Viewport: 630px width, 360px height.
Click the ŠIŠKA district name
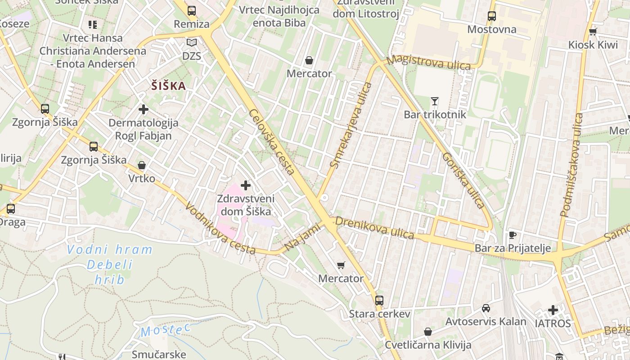point(168,85)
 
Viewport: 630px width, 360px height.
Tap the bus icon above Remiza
point(192,10)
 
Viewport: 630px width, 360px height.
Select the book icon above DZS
point(192,43)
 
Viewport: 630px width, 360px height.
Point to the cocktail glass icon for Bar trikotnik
point(434,101)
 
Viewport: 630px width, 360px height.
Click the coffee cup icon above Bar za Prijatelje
point(512,234)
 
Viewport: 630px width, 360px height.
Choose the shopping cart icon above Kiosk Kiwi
point(593,31)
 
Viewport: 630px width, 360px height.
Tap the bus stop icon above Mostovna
point(491,16)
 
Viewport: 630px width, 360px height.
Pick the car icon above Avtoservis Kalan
point(486,308)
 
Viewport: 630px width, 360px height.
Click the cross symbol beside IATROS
point(553,310)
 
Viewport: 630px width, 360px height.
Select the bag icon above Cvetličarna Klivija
point(427,332)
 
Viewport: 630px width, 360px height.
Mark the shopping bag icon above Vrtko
point(142,165)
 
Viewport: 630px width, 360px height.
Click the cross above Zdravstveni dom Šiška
point(246,185)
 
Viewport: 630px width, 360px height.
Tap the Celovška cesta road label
point(272,142)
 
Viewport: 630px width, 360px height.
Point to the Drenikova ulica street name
point(374,228)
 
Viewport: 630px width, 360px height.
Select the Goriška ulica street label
point(463,180)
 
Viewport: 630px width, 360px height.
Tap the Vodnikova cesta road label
point(220,228)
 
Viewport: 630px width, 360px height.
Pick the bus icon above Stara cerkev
point(379,300)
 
